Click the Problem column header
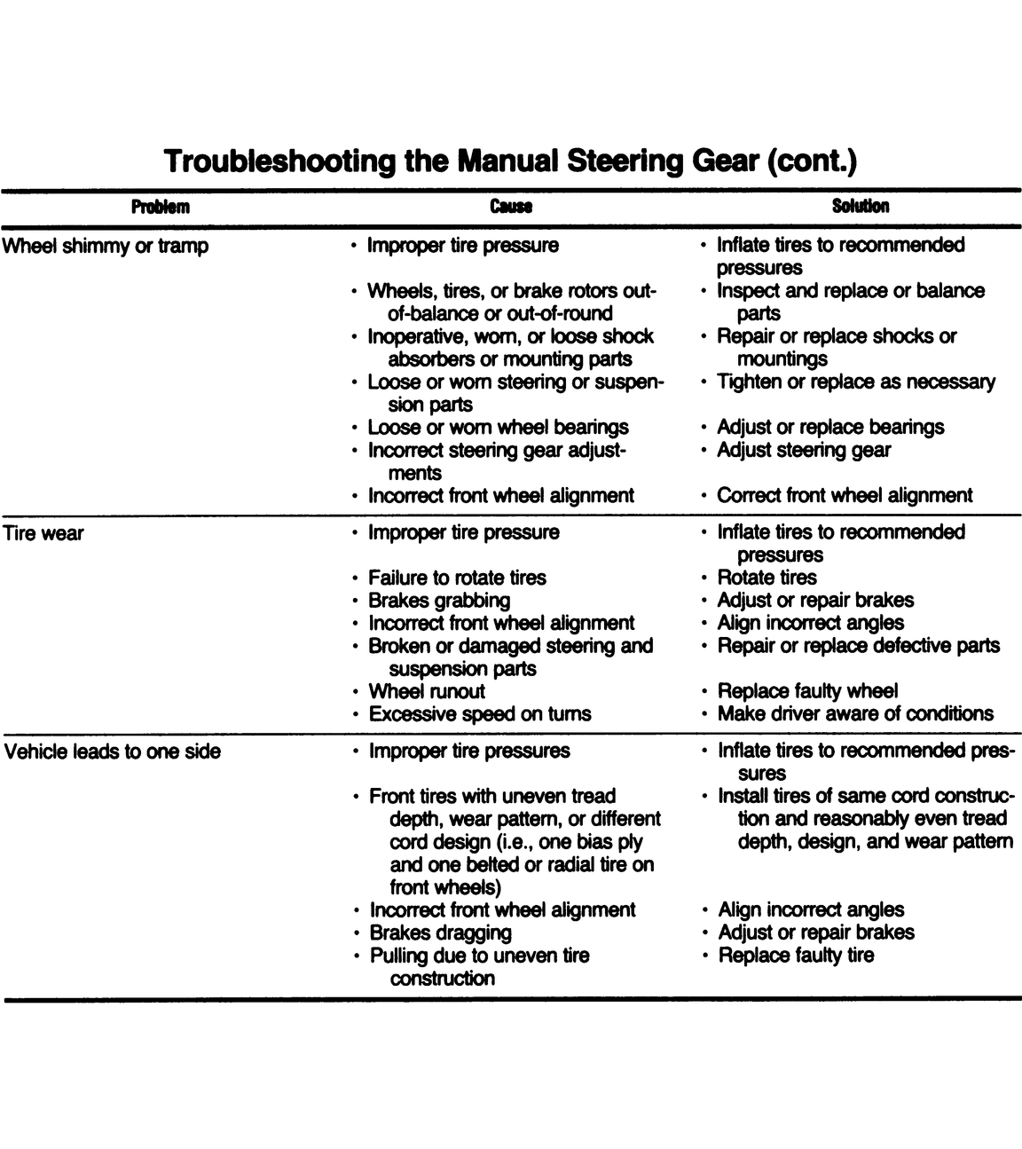click(161, 208)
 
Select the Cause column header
click(511, 208)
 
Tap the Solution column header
click(860, 207)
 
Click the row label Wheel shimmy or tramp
click(106, 247)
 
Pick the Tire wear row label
click(44, 534)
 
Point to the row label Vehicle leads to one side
click(113, 752)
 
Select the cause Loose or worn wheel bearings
click(498, 428)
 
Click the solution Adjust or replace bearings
click(830, 428)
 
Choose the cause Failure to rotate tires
click(457, 578)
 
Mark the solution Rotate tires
click(766, 578)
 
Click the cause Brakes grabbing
click(439, 601)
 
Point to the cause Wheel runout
click(427, 692)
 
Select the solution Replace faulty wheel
click(807, 691)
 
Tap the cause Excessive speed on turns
click(479, 714)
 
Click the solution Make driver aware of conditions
click(855, 714)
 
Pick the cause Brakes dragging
click(440, 933)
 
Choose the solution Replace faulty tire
click(796, 956)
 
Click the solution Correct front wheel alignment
click(845, 496)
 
